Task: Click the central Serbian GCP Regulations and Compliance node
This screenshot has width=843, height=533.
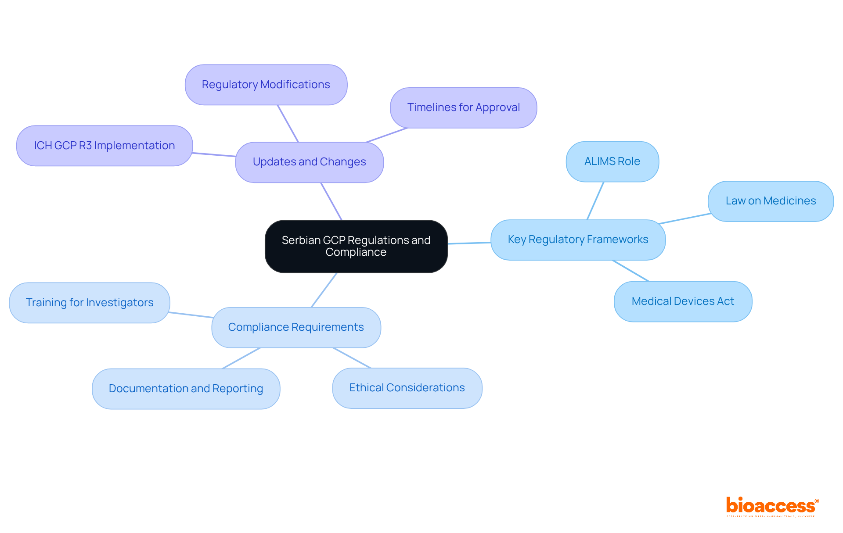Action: [x=356, y=246]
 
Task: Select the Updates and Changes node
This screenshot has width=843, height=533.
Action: [x=309, y=162]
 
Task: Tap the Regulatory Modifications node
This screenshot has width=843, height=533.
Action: [x=266, y=85]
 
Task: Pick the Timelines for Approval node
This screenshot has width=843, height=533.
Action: [x=463, y=107]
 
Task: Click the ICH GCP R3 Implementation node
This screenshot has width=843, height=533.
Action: [x=104, y=146]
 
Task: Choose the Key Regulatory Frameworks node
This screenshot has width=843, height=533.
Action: [x=578, y=240]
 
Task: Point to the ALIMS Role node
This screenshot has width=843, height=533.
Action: [x=612, y=161]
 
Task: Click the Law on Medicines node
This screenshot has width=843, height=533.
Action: [x=771, y=201]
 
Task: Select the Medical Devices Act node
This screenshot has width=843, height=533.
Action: [x=683, y=301]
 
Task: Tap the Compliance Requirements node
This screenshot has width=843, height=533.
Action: [x=296, y=327]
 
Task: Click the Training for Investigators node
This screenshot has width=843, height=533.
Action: [x=90, y=303]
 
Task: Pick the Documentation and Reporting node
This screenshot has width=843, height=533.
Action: [x=186, y=389]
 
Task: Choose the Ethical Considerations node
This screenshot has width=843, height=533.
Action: [x=407, y=388]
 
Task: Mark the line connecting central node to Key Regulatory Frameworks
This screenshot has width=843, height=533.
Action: [x=469, y=243]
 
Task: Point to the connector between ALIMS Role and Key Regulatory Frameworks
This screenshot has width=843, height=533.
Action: [x=595, y=201]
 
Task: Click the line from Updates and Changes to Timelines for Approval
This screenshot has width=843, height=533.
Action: [x=387, y=135]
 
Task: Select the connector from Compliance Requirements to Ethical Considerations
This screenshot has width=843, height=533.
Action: [x=352, y=358]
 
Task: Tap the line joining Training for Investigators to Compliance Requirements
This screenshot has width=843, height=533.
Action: [x=191, y=315]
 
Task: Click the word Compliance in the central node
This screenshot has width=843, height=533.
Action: [x=356, y=252]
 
